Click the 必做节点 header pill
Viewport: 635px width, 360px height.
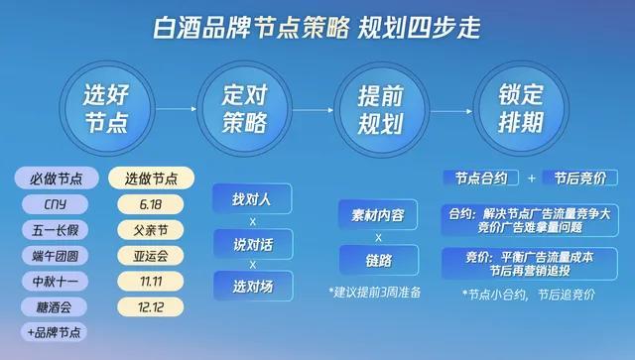57,179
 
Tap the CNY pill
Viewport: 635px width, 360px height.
57,204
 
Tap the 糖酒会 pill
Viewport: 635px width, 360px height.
57,306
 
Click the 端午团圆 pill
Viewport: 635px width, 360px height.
57,255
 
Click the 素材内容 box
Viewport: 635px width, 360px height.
377,214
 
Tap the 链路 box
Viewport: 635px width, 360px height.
377,261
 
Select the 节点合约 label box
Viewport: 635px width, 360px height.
481,179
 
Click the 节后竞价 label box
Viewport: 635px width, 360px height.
580,179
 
